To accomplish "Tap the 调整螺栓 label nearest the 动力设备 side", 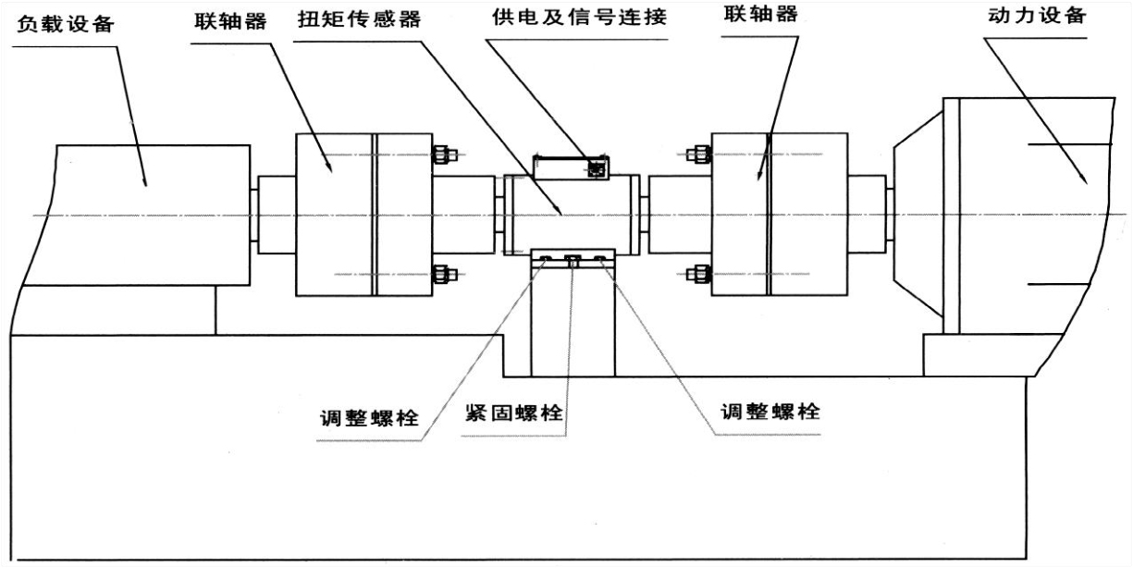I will pyautogui.click(x=770, y=412).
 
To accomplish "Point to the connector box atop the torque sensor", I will pyautogui.click(x=571, y=167).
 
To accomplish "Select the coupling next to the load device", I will pyautogui.click(x=363, y=215).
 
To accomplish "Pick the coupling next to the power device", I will pyautogui.click(x=779, y=215).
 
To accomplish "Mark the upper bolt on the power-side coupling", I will pyautogui.click(x=697, y=154).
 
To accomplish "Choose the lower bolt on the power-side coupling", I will pyautogui.click(x=697, y=274).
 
